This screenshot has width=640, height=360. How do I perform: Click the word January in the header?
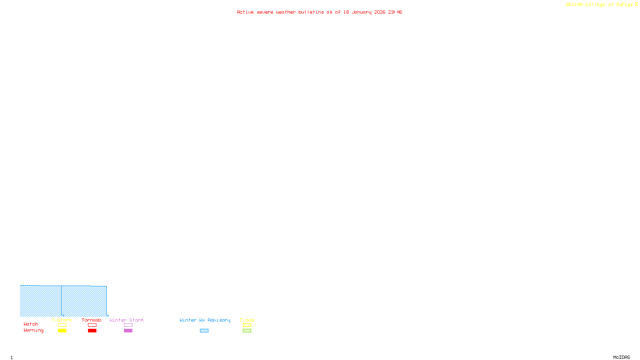tap(361, 12)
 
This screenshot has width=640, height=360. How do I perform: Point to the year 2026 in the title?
tap(380, 12)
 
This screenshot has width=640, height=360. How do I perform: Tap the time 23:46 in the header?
tap(395, 12)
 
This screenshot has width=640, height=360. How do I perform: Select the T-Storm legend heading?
tap(62, 320)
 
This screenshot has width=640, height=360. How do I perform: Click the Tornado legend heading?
tap(92, 320)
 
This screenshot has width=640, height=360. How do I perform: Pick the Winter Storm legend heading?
tap(126, 320)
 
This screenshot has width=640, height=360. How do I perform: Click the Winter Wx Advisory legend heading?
tap(205, 320)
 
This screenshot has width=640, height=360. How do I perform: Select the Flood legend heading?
tap(247, 320)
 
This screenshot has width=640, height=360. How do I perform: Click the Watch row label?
tap(31, 324)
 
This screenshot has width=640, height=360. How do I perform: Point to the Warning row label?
tap(34, 330)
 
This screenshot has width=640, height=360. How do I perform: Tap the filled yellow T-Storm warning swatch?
tap(62, 331)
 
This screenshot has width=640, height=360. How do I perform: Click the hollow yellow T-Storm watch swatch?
tap(62, 325)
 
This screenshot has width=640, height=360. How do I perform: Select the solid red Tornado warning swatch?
tap(92, 331)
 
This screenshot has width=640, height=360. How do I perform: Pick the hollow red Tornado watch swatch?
tap(92, 325)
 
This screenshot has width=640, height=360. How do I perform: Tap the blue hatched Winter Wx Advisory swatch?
tap(204, 331)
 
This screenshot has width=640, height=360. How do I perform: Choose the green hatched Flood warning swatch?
tap(247, 331)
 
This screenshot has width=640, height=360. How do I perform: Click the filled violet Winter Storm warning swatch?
tap(128, 331)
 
